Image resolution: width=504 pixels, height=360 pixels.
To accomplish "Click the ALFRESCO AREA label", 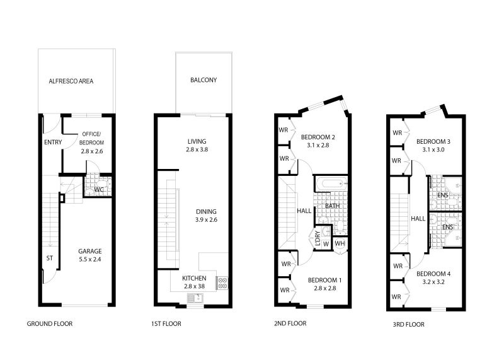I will click(71, 81).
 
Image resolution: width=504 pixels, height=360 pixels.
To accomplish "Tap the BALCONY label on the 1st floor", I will click(203, 80).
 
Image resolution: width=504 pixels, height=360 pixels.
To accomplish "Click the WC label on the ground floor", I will click(99, 189).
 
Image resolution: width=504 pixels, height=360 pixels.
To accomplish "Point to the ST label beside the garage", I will click(49, 257).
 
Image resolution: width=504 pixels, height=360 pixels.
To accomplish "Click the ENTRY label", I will click(53, 142).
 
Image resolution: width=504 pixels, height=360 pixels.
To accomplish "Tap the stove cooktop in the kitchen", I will click(222, 283).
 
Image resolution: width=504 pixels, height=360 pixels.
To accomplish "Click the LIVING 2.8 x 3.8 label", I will click(197, 146).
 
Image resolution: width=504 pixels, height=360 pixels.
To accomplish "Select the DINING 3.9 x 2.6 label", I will click(205, 216).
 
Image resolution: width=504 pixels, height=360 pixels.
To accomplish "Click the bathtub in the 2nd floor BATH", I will click(330, 184).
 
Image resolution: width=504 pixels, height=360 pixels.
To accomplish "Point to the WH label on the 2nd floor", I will click(339, 243).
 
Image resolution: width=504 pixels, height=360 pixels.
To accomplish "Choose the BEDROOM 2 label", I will click(317, 141).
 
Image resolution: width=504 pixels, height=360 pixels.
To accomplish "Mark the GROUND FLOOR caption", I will click(49, 324).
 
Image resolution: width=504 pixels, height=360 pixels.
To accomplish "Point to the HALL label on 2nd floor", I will click(304, 211).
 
